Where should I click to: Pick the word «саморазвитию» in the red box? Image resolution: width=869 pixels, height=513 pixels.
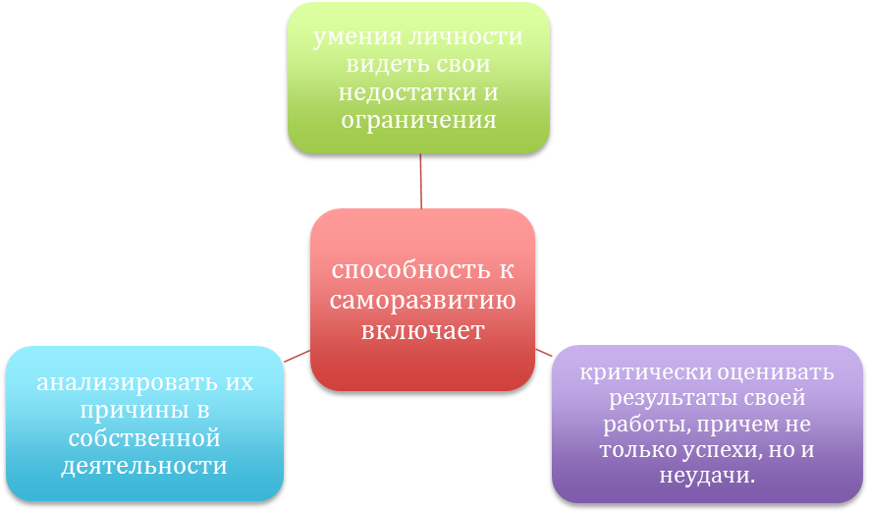(423, 301)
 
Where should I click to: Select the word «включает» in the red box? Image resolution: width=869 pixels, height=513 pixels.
(423, 330)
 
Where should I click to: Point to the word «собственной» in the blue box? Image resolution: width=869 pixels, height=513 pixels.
(144, 437)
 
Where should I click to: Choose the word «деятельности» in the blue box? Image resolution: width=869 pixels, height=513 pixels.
(144, 465)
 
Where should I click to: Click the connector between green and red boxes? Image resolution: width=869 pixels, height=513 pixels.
(420, 181)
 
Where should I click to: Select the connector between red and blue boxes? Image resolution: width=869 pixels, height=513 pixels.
(297, 356)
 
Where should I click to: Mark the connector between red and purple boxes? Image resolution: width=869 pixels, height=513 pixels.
(543, 349)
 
